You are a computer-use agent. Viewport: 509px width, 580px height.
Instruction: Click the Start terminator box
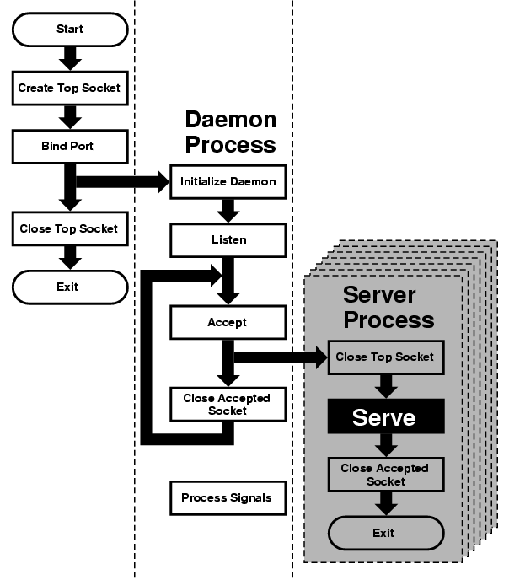click(70, 29)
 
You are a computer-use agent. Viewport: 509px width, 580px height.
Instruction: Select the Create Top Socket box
click(69, 88)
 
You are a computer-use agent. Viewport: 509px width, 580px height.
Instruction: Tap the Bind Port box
click(69, 146)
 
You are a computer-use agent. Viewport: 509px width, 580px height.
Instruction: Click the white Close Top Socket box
click(69, 228)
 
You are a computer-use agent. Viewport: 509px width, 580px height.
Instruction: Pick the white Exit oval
click(69, 287)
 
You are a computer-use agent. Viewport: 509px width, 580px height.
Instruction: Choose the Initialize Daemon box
click(228, 181)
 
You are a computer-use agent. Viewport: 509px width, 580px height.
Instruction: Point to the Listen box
click(228, 240)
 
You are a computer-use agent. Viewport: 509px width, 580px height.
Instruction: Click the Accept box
click(228, 322)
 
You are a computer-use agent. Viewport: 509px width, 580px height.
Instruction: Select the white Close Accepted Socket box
click(228, 404)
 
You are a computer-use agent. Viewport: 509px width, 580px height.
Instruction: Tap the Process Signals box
click(227, 497)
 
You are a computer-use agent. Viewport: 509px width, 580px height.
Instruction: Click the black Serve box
click(384, 416)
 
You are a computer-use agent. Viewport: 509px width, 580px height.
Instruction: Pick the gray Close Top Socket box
click(384, 357)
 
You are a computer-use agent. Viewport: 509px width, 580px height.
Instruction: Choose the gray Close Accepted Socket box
click(384, 475)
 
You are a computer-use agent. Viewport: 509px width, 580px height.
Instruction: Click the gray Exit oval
click(384, 533)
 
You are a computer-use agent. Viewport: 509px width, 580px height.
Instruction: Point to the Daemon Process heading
click(230, 132)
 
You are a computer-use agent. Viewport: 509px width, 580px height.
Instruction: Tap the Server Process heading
click(388, 308)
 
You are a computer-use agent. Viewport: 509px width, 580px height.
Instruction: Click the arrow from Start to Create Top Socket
click(70, 58)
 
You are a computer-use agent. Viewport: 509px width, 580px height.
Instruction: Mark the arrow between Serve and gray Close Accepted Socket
click(386, 446)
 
